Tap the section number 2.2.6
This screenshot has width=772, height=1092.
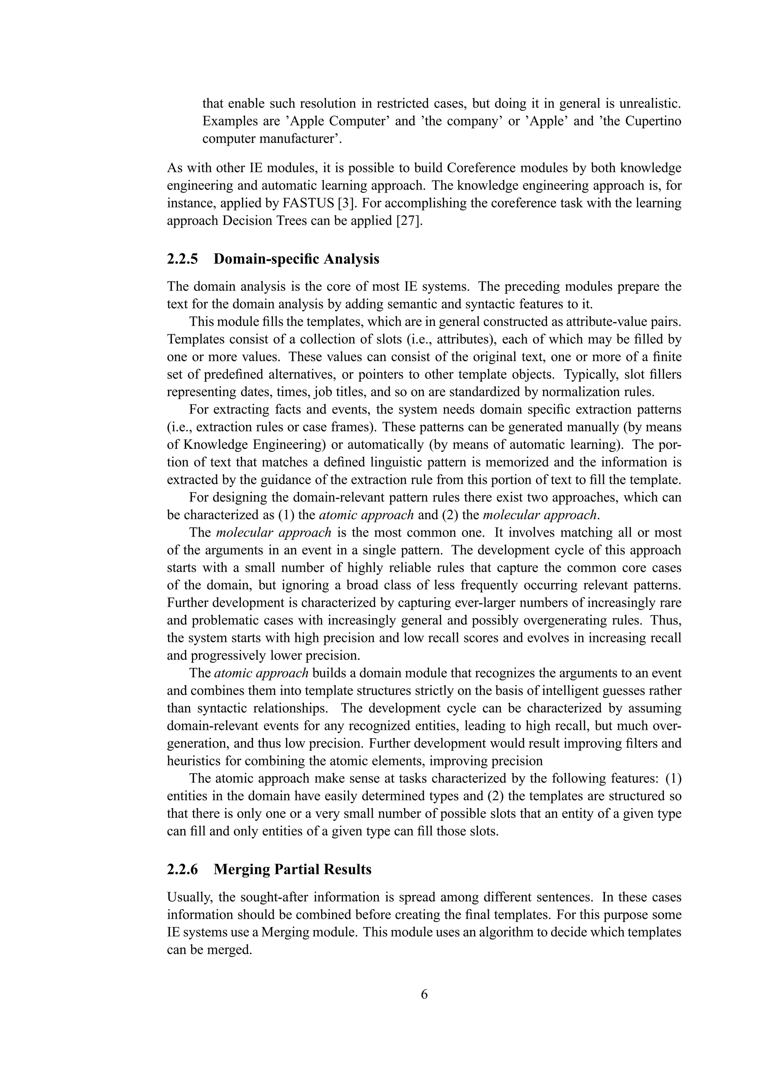pyautogui.click(x=182, y=869)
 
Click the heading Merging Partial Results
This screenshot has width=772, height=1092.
pyautogui.click(x=292, y=869)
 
